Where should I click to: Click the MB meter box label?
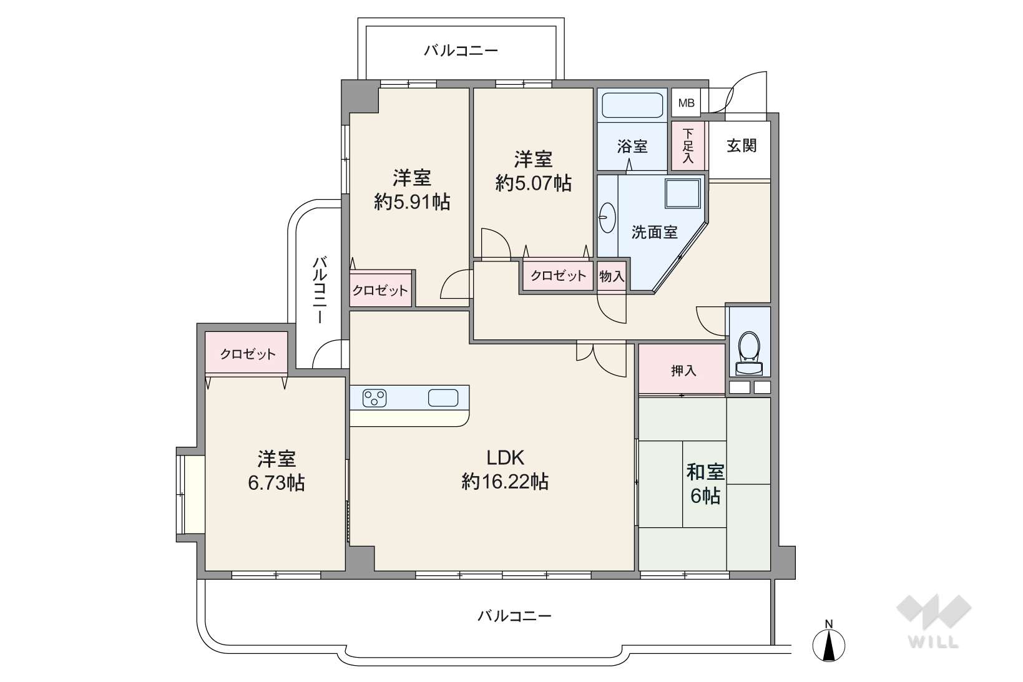686,103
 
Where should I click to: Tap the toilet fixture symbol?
749,353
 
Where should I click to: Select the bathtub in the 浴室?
632,105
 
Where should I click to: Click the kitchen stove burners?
374,398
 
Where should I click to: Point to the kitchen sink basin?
443,398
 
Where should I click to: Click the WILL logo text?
934,643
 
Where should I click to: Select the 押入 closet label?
683,371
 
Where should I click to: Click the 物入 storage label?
612,276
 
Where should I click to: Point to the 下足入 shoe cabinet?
688,145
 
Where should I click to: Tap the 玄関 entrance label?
742,145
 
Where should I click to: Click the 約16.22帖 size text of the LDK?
505,482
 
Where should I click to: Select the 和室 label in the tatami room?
705,472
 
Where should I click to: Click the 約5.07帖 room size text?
534,183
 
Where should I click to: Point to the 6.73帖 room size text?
277,482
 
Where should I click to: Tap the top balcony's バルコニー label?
461,50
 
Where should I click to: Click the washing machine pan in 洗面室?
683,193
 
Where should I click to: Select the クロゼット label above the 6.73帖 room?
248,354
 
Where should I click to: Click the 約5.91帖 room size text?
413,202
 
